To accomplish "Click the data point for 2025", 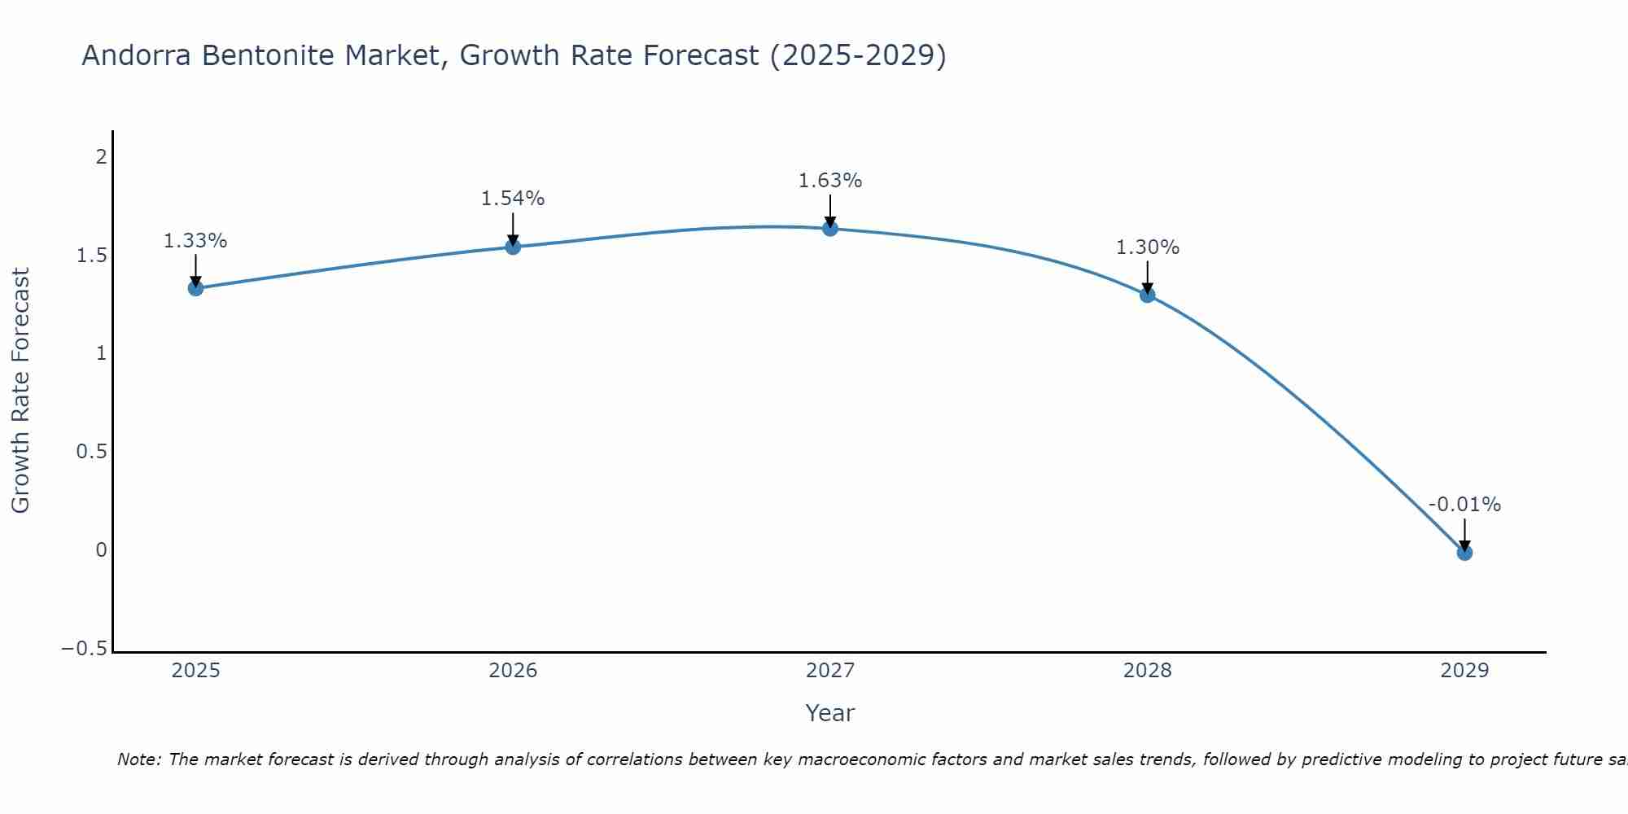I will click(x=195, y=287).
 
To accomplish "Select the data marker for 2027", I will click(x=829, y=229).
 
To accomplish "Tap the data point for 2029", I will click(x=1464, y=553).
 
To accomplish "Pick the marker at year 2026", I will click(x=513, y=247).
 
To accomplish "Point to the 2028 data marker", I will click(x=1147, y=295).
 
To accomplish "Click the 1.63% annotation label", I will click(x=829, y=181).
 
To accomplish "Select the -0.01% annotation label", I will click(x=1464, y=505).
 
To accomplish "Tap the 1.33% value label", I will click(x=195, y=241).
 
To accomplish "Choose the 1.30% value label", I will click(x=1147, y=247).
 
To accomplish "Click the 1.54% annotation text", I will click(x=513, y=199).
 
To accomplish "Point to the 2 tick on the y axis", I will click(x=102, y=156).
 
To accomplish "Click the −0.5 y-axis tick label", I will click(x=85, y=649).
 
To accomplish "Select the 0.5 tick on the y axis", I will click(x=92, y=452).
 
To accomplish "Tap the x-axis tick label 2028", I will click(x=1147, y=671).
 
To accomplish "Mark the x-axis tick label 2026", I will click(x=513, y=671).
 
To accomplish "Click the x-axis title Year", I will click(x=829, y=713).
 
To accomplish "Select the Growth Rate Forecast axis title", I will click(x=20, y=391).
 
